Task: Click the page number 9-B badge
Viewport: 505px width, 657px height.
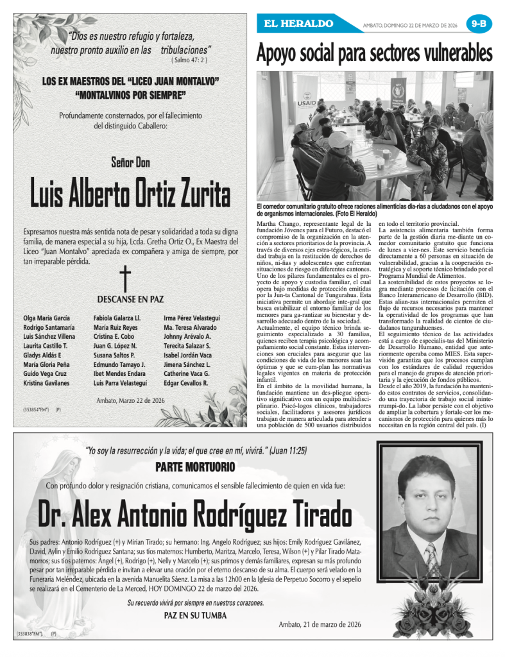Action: pyautogui.click(x=478, y=24)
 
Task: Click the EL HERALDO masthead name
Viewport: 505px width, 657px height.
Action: pyautogui.click(x=298, y=24)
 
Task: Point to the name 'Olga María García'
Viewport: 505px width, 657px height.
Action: pyautogui.click(x=46, y=318)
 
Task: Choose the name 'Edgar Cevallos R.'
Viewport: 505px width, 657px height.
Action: pyautogui.click(x=185, y=383)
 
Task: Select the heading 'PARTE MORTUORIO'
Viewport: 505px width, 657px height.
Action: pyautogui.click(x=195, y=466)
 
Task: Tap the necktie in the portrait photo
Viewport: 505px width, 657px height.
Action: pyautogui.click(x=429, y=555)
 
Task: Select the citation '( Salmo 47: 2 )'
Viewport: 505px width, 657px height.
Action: pyautogui.click(x=189, y=60)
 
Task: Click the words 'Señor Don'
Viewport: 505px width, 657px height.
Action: pyautogui.click(x=130, y=162)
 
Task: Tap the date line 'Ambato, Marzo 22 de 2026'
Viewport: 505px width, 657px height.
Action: pyautogui.click(x=130, y=400)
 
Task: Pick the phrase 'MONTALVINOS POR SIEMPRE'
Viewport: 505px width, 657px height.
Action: pyautogui.click(x=130, y=96)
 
